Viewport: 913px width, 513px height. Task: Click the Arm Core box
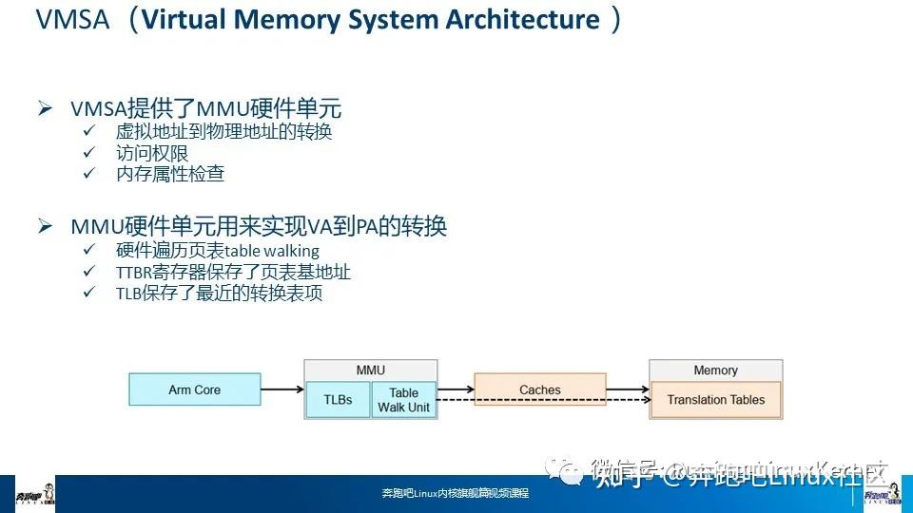[194, 389]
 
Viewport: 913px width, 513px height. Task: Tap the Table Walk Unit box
[403, 400]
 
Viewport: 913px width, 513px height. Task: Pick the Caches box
[539, 389]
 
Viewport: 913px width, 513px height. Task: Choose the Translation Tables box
[715, 400]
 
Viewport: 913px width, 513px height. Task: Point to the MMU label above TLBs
[370, 370]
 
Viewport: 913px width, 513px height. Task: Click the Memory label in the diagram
[715, 370]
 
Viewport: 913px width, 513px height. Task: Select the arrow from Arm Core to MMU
[282, 389]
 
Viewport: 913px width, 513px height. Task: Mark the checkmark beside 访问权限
[89, 152]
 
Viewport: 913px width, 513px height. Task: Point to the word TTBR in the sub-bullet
[133, 273]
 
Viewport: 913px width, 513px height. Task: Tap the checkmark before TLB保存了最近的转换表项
[89, 294]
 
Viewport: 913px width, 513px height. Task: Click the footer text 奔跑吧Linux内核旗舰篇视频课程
[455, 494]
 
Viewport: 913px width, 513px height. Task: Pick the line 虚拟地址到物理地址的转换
[223, 131]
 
